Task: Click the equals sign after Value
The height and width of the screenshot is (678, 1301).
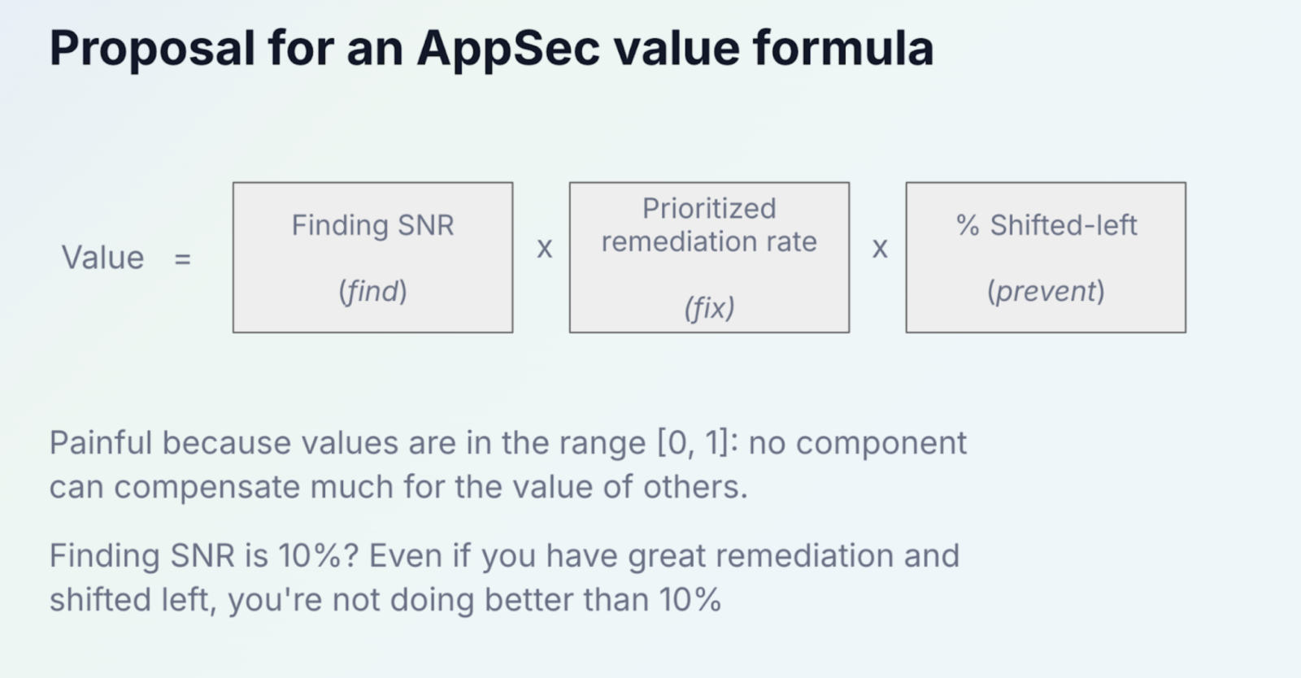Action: [182, 259]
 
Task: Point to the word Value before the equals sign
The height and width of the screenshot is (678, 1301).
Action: [102, 257]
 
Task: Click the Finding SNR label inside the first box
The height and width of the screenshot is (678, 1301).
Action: [373, 224]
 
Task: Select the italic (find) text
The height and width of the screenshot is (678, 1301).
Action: [373, 291]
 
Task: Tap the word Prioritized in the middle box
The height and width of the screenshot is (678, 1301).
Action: [709, 208]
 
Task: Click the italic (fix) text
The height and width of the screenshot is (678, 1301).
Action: [709, 307]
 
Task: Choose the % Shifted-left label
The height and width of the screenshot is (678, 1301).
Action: [1046, 224]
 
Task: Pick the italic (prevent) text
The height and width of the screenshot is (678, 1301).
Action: [1046, 291]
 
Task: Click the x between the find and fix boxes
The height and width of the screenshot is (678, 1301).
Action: [544, 249]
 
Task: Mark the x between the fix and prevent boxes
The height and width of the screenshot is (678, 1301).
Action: [880, 249]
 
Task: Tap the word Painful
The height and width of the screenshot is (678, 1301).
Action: [101, 443]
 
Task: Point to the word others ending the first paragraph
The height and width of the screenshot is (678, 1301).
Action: [695, 486]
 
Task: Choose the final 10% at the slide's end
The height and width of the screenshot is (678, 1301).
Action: [690, 599]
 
